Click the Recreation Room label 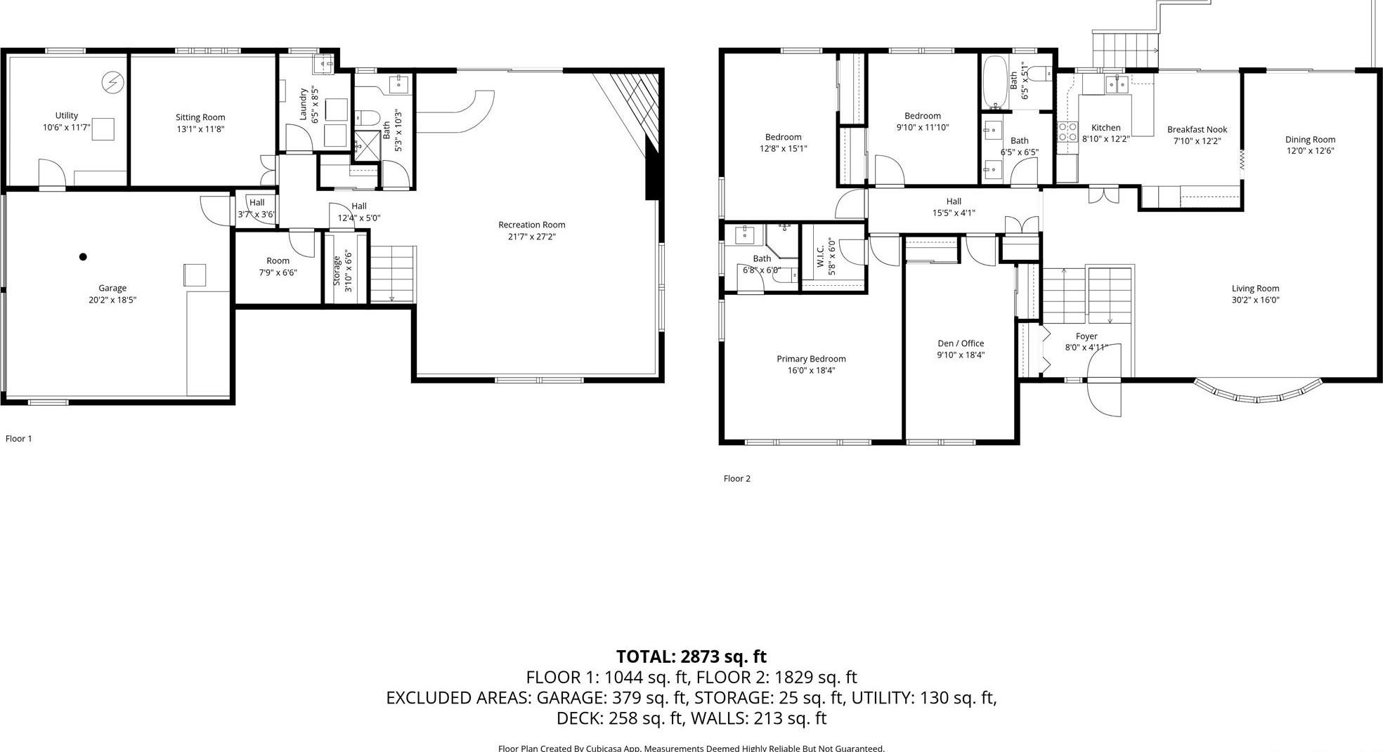[x=531, y=225]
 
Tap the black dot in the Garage [x=83, y=257]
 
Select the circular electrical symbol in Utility [x=112, y=83]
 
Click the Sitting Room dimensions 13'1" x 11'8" [x=200, y=129]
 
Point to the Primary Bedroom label [x=811, y=359]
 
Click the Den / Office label [x=961, y=343]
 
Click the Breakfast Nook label [x=1197, y=129]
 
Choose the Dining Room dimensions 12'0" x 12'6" [x=1310, y=151]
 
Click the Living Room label [x=1255, y=289]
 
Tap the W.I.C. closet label [x=820, y=257]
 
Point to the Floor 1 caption [x=19, y=439]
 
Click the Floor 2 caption [x=737, y=479]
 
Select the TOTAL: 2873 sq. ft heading [x=691, y=657]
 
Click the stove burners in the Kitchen [x=1068, y=131]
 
